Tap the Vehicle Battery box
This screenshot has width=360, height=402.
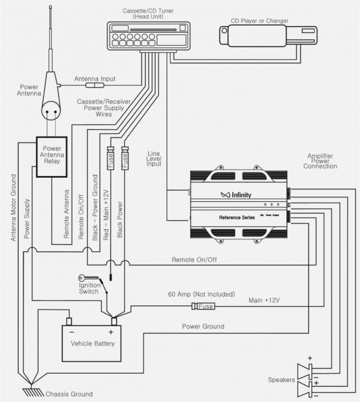(92, 343)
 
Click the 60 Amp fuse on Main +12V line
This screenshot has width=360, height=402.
(203, 306)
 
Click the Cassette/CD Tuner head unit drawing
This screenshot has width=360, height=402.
(149, 36)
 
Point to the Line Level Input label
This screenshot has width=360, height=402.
(154, 159)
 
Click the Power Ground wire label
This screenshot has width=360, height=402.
(202, 326)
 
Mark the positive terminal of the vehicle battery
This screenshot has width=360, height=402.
(114, 321)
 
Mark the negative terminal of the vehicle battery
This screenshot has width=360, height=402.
(69, 321)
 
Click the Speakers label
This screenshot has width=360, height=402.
(281, 379)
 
